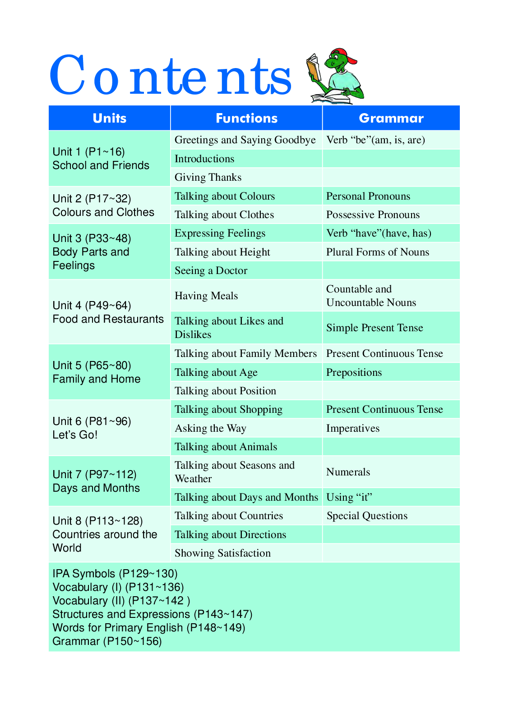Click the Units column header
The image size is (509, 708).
coord(110,118)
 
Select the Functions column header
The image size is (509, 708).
coord(246,118)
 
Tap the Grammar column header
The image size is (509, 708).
coord(391,118)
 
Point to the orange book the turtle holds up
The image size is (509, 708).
coord(314,68)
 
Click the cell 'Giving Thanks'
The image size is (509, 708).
coord(208,177)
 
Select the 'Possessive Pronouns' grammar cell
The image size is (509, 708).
coord(373,215)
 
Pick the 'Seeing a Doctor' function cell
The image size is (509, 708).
coord(211,270)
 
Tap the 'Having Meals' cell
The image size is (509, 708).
coord(206,296)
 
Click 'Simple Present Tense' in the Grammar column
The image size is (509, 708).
coord(375,328)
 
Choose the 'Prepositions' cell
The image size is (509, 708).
coord(354,372)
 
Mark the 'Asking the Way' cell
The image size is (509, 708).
coord(210,428)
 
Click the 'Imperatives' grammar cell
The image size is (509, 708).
coord(353,428)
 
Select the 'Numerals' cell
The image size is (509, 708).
coord(348,472)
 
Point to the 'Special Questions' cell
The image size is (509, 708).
coord(367,516)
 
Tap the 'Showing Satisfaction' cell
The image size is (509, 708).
coord(222,553)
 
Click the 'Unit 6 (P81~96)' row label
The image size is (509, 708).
coord(92,421)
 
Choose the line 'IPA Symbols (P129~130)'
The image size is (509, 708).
coord(115,574)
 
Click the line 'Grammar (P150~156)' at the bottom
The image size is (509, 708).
coord(107,641)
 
